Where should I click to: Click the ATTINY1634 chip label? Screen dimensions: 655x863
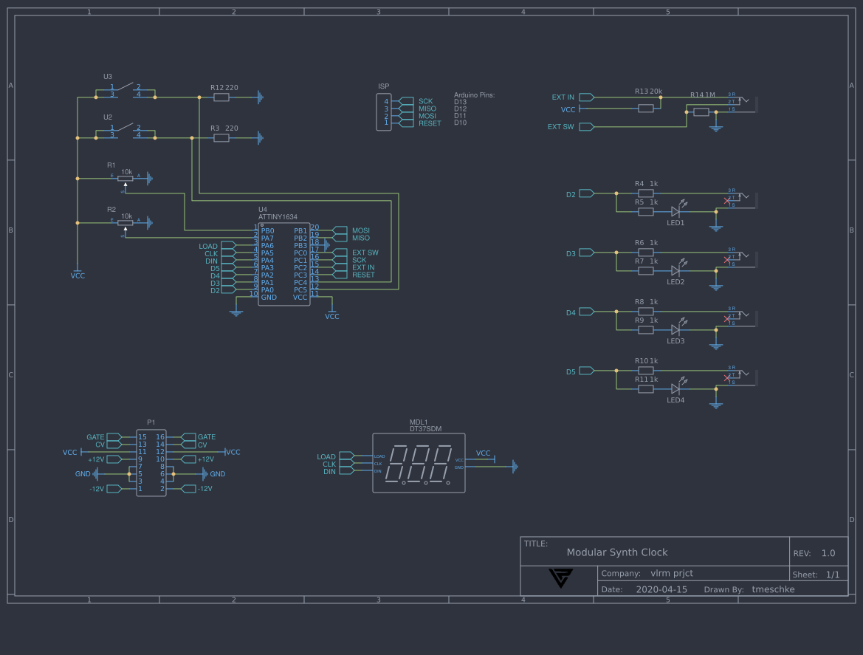pyautogui.click(x=278, y=216)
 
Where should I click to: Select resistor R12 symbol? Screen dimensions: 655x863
pyautogui.click(x=221, y=97)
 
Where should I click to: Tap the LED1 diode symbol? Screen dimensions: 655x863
pyautogui.click(x=675, y=211)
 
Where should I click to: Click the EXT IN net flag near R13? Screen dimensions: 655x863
pyautogui.click(x=586, y=97)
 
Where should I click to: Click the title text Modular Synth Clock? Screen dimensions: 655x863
pyautogui.click(x=616, y=552)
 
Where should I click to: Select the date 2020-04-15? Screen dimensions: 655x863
pyautogui.click(x=661, y=589)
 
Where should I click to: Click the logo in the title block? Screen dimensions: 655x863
pyautogui.click(x=560, y=577)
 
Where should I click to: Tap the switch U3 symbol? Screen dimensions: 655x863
pyautogui.click(x=126, y=91)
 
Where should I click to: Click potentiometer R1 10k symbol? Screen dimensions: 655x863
pyautogui.click(x=126, y=177)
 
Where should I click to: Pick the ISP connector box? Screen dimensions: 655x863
pyautogui.click(x=384, y=112)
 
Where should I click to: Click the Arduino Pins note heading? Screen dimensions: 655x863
pyautogui.click(x=474, y=95)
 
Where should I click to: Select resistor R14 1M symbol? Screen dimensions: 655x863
pyautogui.click(x=701, y=112)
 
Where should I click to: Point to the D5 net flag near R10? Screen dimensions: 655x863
pyautogui.click(x=586, y=371)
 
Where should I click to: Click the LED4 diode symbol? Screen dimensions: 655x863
pyautogui.click(x=675, y=388)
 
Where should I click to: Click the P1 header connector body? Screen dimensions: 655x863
pyautogui.click(x=151, y=463)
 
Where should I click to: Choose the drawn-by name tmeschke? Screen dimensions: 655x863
pyautogui.click(x=773, y=589)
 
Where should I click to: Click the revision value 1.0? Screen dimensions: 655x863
pyautogui.click(x=828, y=553)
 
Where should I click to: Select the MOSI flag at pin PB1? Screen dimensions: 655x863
pyautogui.click(x=340, y=230)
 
